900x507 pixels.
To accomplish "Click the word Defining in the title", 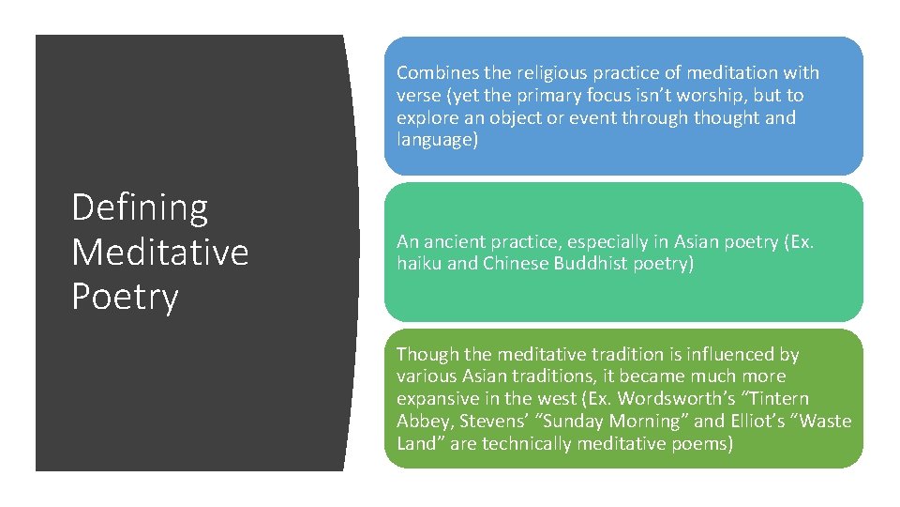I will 140,207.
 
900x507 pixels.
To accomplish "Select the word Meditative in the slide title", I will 160,252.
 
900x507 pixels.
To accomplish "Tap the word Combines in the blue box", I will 435,73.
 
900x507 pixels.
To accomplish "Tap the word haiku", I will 419,265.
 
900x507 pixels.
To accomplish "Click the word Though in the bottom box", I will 426,355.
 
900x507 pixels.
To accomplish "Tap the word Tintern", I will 774,400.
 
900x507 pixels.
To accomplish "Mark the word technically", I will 526,444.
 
